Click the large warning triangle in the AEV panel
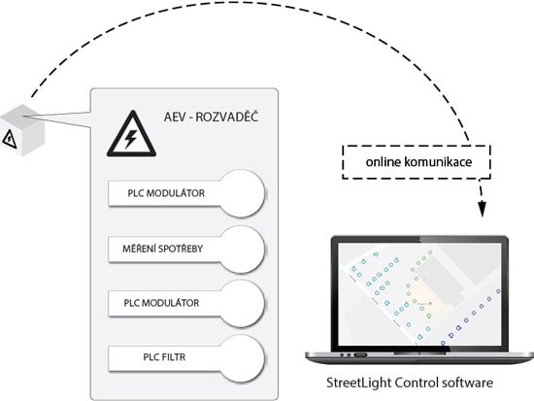[131, 135]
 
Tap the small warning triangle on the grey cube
[9, 139]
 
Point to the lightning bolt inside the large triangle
[131, 138]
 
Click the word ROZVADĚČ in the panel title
[227, 117]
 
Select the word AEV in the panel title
[175, 117]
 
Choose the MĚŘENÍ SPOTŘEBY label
[162, 249]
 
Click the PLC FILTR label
[164, 357]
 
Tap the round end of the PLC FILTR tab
[242, 358]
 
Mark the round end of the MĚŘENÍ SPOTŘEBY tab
[242, 250]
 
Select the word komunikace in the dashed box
[438, 162]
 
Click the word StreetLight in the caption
[359, 383]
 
